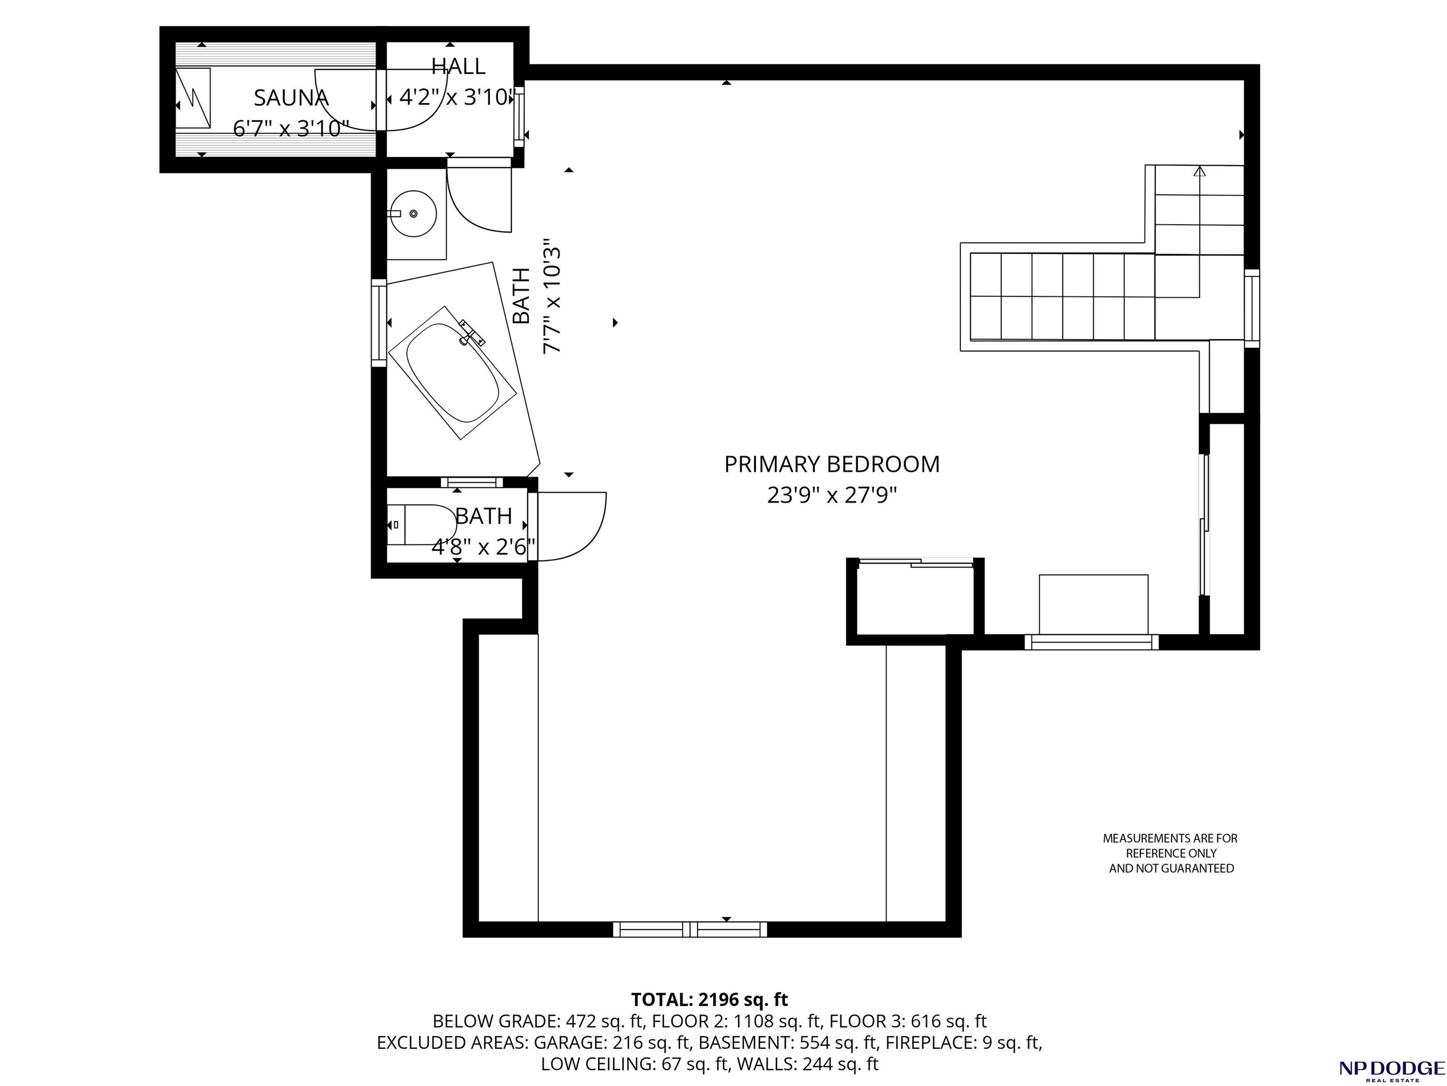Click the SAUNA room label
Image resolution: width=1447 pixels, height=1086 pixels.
tap(291, 98)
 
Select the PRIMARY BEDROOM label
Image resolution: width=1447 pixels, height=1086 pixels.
tap(831, 464)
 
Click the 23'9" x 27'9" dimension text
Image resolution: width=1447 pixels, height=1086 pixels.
tap(831, 495)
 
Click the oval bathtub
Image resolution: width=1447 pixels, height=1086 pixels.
tap(452, 373)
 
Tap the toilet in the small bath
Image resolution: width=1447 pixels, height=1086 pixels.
tap(422, 525)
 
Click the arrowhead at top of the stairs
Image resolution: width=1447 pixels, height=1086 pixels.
tap(1199, 172)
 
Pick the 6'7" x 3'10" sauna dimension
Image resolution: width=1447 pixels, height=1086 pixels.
tap(291, 128)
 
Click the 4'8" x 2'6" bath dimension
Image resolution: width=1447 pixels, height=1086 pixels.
tap(484, 546)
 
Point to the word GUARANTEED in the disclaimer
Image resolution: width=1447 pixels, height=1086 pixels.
tap(1192, 868)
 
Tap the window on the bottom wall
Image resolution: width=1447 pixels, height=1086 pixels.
tap(690, 929)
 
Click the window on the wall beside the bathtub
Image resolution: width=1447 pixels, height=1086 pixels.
tap(379, 322)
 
